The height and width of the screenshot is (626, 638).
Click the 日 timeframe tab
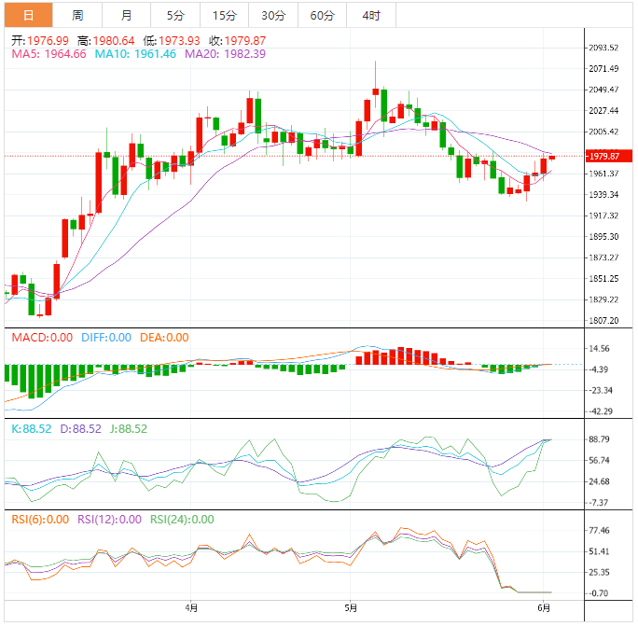pos(28,15)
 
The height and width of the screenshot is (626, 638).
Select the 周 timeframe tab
pos(77,15)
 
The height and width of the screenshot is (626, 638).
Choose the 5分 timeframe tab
pos(175,15)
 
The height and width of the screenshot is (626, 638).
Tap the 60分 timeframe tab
pos(322,15)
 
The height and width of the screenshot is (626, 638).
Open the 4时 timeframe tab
pos(370,15)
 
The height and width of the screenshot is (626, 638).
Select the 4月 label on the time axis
pos(192,607)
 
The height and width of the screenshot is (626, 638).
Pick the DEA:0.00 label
pos(164,338)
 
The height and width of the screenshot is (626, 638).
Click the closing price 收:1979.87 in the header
pos(238,41)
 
